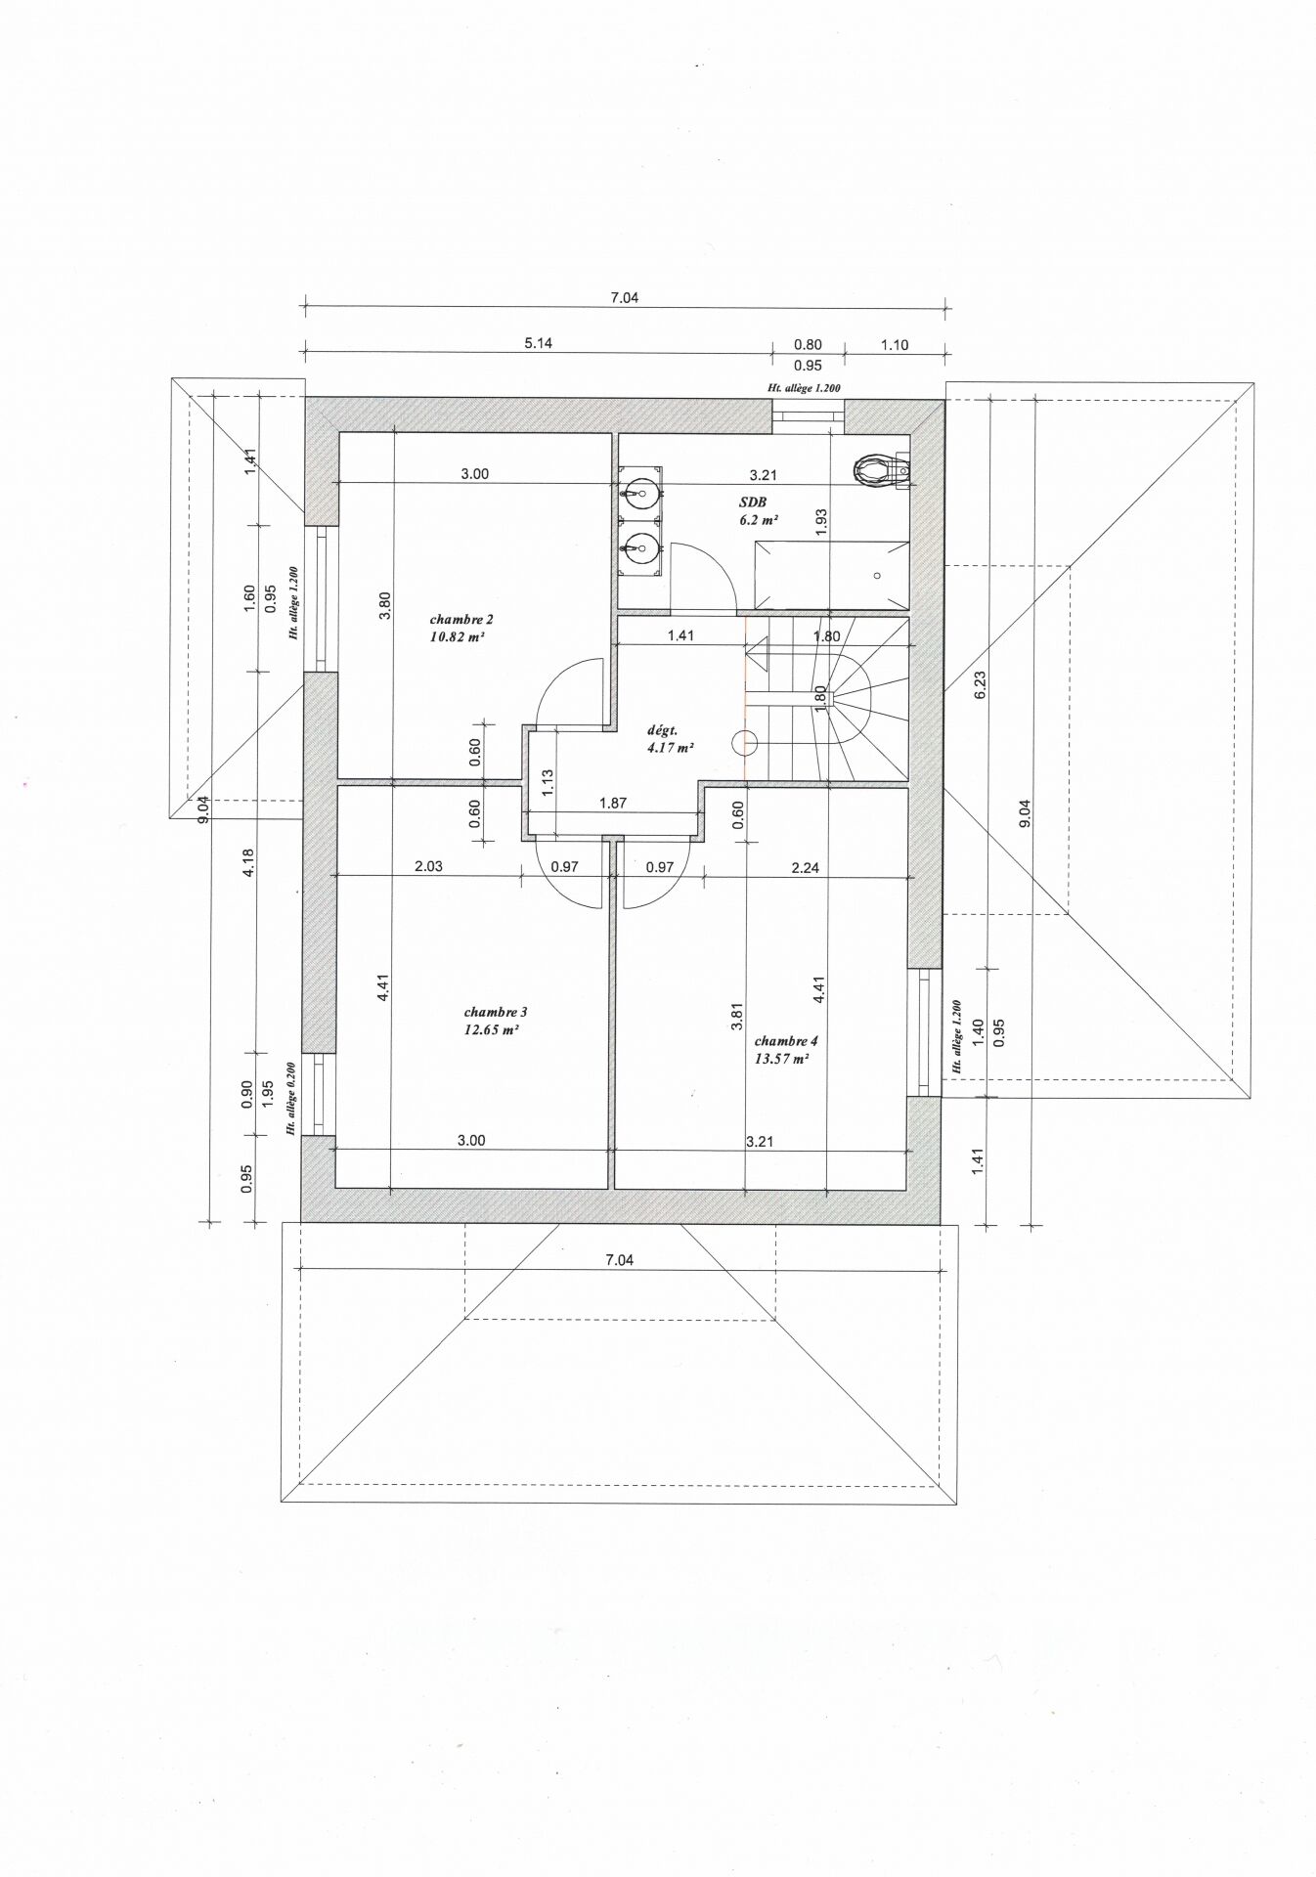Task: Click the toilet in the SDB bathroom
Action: click(x=880, y=470)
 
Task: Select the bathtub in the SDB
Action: click(x=831, y=573)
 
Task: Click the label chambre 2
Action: click(x=461, y=619)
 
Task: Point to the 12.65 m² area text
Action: click(x=491, y=1029)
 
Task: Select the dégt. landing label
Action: click(x=663, y=730)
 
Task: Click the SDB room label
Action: click(x=754, y=502)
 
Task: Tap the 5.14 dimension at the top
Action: click(x=539, y=343)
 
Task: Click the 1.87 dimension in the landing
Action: click(x=612, y=804)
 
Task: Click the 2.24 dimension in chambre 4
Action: click(x=805, y=866)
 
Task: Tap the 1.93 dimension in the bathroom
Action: click(x=821, y=520)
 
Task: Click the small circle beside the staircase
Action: click(x=745, y=743)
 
